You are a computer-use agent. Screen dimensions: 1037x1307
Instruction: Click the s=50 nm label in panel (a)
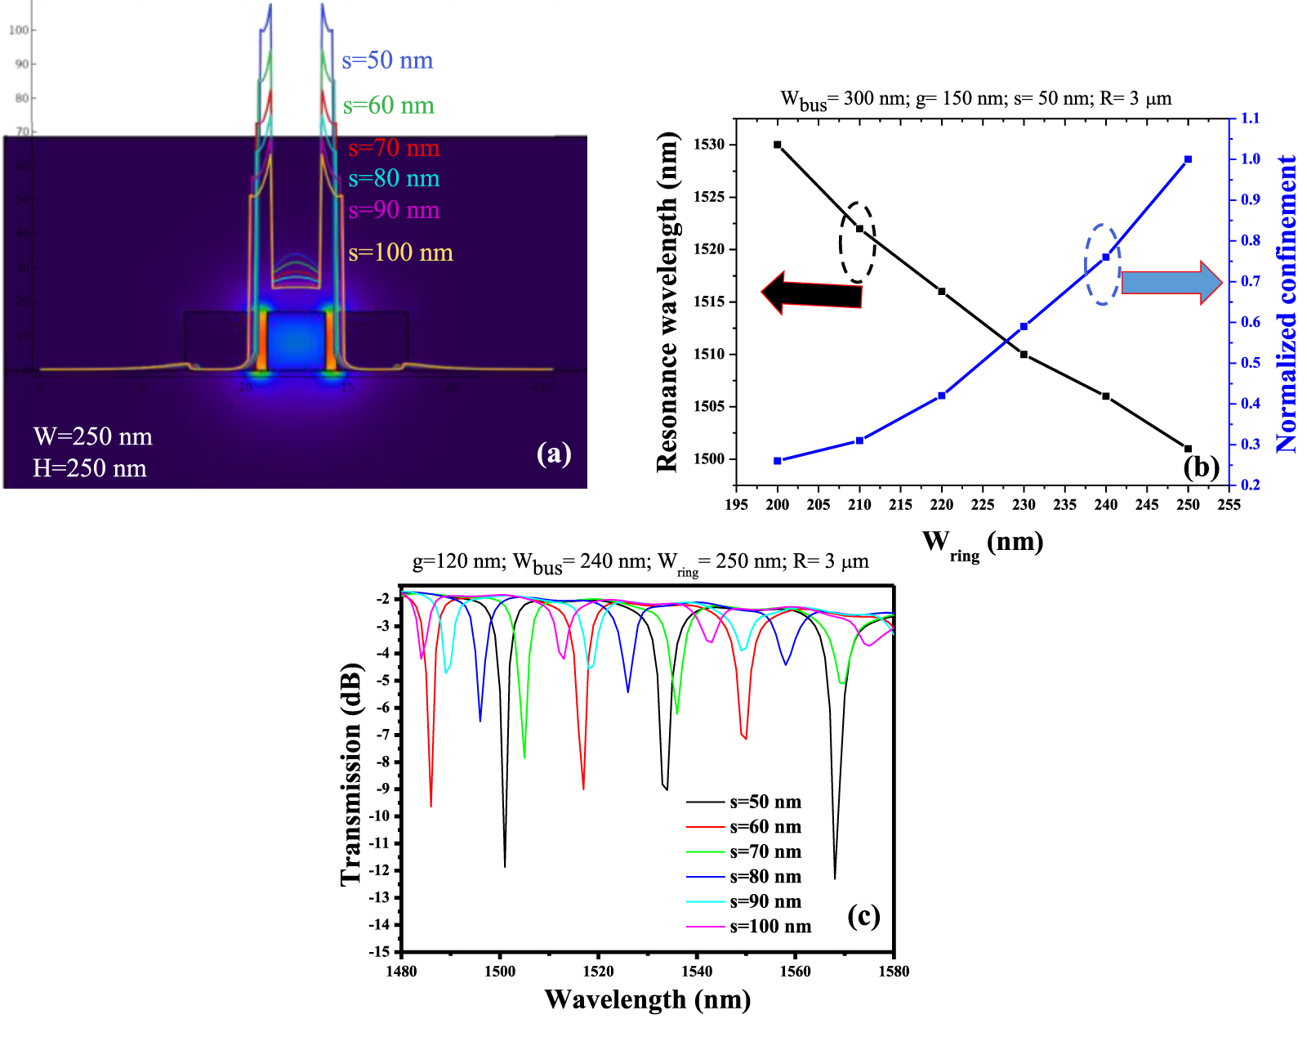387,60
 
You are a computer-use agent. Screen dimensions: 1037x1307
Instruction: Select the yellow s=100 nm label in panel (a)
400,253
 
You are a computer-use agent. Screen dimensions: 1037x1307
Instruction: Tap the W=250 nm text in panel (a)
92,436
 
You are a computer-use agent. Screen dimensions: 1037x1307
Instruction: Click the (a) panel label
554,453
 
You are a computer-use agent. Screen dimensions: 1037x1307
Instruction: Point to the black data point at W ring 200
777,145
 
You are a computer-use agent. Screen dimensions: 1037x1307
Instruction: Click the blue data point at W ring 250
1188,159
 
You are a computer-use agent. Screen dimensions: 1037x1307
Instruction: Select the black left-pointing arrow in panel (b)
810,293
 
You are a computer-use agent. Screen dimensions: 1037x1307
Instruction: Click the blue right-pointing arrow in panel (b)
1171,283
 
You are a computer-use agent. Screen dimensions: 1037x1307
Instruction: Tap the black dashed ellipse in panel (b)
858,242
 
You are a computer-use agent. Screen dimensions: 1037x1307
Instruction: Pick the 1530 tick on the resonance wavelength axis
709,145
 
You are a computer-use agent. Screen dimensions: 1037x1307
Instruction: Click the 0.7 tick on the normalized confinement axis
1250,281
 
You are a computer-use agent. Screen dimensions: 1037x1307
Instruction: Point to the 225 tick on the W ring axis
982,505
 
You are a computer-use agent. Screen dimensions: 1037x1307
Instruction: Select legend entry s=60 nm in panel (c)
765,827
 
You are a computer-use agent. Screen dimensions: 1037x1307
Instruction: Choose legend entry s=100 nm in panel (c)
769,927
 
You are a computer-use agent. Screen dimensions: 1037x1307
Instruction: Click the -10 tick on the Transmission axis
379,816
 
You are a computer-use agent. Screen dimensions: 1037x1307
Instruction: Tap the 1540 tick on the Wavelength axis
696,972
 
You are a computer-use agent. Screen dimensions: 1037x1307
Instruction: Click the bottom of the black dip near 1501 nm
505,865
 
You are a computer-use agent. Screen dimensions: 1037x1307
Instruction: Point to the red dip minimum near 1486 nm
430,805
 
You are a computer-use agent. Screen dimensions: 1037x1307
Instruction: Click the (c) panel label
863,915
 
